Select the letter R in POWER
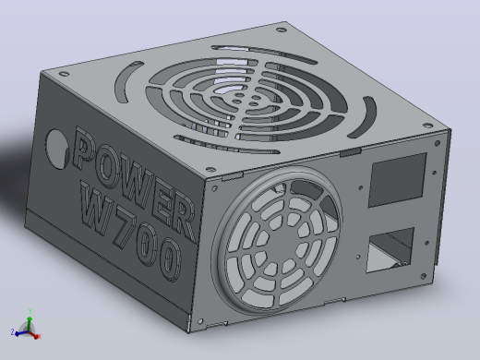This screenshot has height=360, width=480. click(182, 217)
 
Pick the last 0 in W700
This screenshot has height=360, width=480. click(169, 258)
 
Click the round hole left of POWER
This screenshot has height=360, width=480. click(57, 149)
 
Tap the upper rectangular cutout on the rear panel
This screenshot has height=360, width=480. click(397, 180)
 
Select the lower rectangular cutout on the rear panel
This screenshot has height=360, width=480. click(390, 250)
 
